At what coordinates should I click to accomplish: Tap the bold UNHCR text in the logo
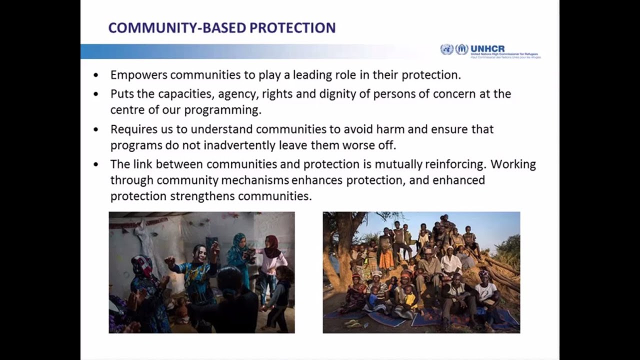pos(487,48)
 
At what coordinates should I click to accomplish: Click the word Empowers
pos(138,75)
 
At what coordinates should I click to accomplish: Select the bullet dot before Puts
pos(96,94)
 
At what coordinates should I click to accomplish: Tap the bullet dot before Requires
pos(96,129)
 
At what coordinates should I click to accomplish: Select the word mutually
pos(398,164)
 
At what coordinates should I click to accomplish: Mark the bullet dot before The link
pos(96,164)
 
